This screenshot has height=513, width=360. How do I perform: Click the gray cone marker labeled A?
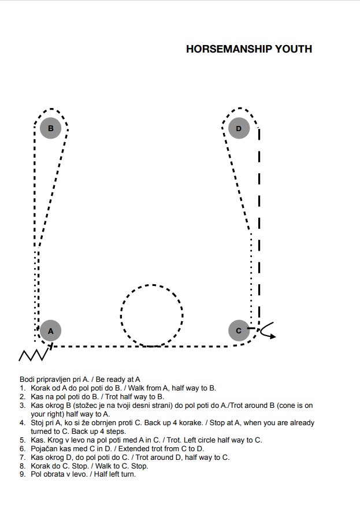click(x=50, y=330)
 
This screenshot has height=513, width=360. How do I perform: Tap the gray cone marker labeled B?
click(x=50, y=128)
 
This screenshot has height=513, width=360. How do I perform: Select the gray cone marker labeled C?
click(x=239, y=330)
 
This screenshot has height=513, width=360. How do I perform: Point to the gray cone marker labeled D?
click(x=239, y=128)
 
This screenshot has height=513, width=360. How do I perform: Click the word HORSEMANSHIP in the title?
click(x=229, y=49)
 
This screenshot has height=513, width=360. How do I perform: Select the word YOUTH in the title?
click(x=294, y=49)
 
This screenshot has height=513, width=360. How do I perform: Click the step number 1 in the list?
click(x=23, y=388)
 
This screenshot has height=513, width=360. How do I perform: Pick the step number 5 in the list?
click(x=23, y=440)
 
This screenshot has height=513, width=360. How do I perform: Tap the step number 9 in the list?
click(x=23, y=474)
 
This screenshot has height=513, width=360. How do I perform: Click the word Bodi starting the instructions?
click(x=27, y=380)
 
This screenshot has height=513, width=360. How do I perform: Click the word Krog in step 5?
click(x=55, y=440)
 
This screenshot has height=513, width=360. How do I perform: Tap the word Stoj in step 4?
click(x=36, y=423)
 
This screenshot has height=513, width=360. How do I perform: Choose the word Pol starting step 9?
click(x=35, y=474)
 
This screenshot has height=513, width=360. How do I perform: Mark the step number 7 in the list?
click(x=23, y=457)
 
